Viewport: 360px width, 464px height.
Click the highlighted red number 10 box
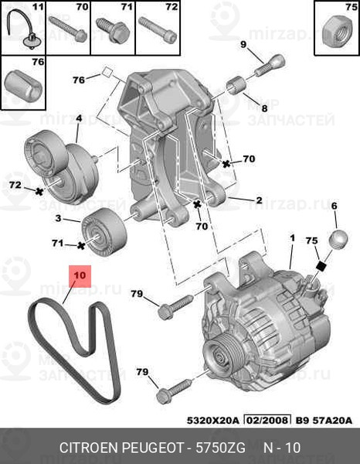pyautogui.click(x=80, y=275)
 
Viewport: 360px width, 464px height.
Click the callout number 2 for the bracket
pyautogui.click(x=259, y=200)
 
